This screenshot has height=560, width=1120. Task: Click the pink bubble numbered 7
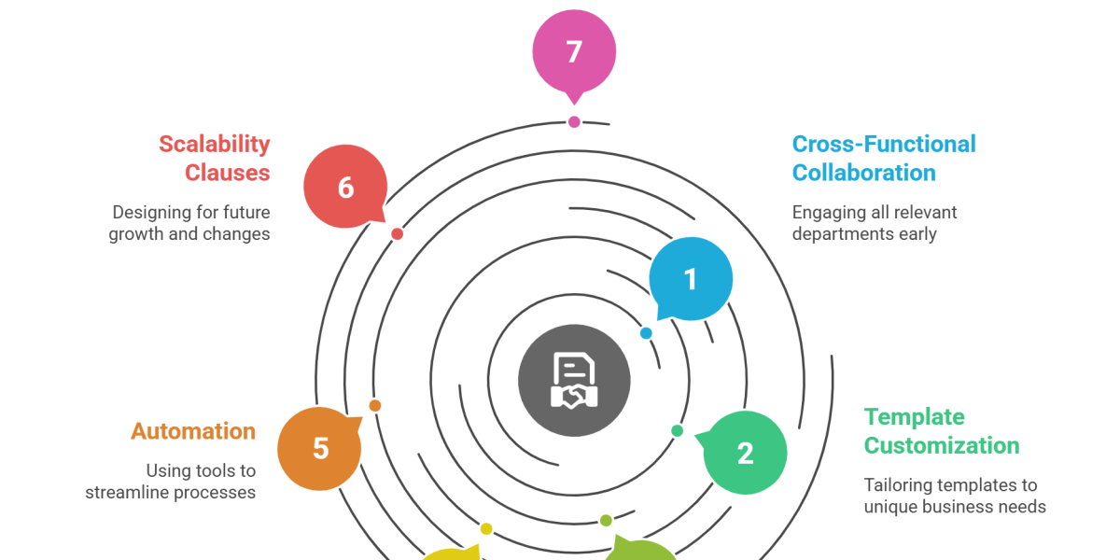click(x=574, y=49)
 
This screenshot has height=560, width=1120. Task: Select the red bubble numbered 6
click(x=345, y=188)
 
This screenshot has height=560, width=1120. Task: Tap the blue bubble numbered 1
click(x=691, y=279)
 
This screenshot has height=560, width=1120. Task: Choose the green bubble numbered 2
click(x=745, y=453)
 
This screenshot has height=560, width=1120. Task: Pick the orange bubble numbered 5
click(x=320, y=448)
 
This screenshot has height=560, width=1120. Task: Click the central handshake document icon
click(x=574, y=380)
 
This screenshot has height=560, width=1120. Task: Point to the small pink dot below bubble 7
click(x=574, y=121)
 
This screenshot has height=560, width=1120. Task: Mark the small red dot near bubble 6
click(x=397, y=233)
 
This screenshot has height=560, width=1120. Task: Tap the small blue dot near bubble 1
click(x=646, y=333)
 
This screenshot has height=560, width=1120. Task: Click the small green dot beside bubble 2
click(x=678, y=430)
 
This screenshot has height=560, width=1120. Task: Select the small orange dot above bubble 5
click(x=374, y=405)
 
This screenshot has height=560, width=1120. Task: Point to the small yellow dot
click(x=485, y=529)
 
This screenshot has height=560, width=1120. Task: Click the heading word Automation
click(x=193, y=431)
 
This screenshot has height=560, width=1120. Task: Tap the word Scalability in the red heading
click(x=215, y=144)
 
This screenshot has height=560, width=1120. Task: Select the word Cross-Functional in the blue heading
click(x=883, y=144)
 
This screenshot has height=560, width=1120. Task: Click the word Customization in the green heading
click(x=942, y=445)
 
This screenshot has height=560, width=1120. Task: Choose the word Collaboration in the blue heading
click(x=863, y=173)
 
